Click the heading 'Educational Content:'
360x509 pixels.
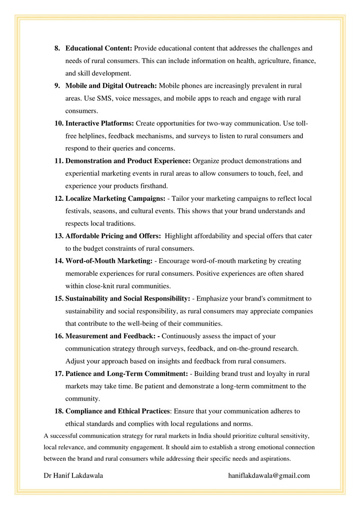(99, 48)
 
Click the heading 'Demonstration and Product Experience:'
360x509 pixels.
(128, 161)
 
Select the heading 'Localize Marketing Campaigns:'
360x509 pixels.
(116, 198)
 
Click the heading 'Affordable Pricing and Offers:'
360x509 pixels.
(113, 236)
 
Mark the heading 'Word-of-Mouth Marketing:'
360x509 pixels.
(109, 261)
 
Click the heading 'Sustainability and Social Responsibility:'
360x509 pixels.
(128, 298)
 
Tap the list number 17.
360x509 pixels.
(58, 374)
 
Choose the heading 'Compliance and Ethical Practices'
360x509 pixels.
(118, 411)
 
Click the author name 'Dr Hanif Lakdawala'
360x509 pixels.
(73, 475)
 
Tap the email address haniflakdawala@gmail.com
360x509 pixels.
(269, 475)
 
